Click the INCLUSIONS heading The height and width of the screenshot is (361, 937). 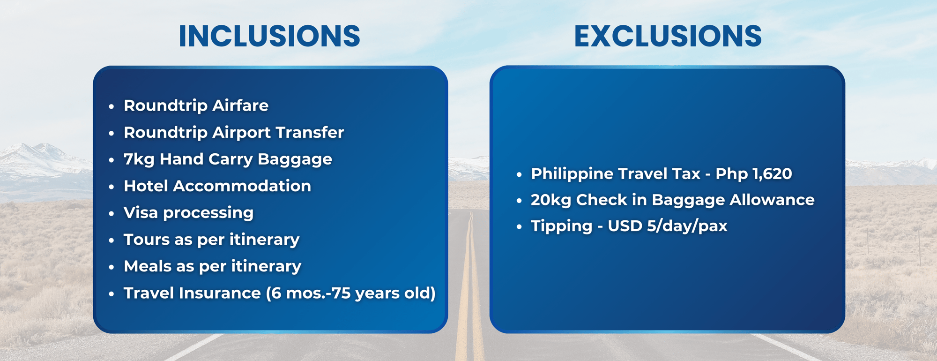pyautogui.click(x=269, y=36)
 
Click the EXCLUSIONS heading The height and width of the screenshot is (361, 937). pyautogui.click(x=668, y=36)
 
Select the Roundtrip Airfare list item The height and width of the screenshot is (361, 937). pyautogui.click(x=196, y=106)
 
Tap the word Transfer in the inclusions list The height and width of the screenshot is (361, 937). pyautogui.click(x=310, y=132)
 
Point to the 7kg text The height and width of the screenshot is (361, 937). pyautogui.click(x=139, y=159)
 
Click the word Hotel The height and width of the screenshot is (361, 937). pyautogui.click(x=146, y=186)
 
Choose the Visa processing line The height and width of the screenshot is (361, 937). pyautogui.click(x=188, y=213)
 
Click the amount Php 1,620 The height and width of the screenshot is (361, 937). pyautogui.click(x=754, y=174)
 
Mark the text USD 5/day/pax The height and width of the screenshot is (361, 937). pyautogui.click(x=668, y=226)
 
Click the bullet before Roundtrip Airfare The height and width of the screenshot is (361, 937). pyautogui.click(x=112, y=107)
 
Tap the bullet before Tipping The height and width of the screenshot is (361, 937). pyautogui.click(x=519, y=227)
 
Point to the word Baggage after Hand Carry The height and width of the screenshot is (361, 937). pyautogui.click(x=295, y=160)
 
